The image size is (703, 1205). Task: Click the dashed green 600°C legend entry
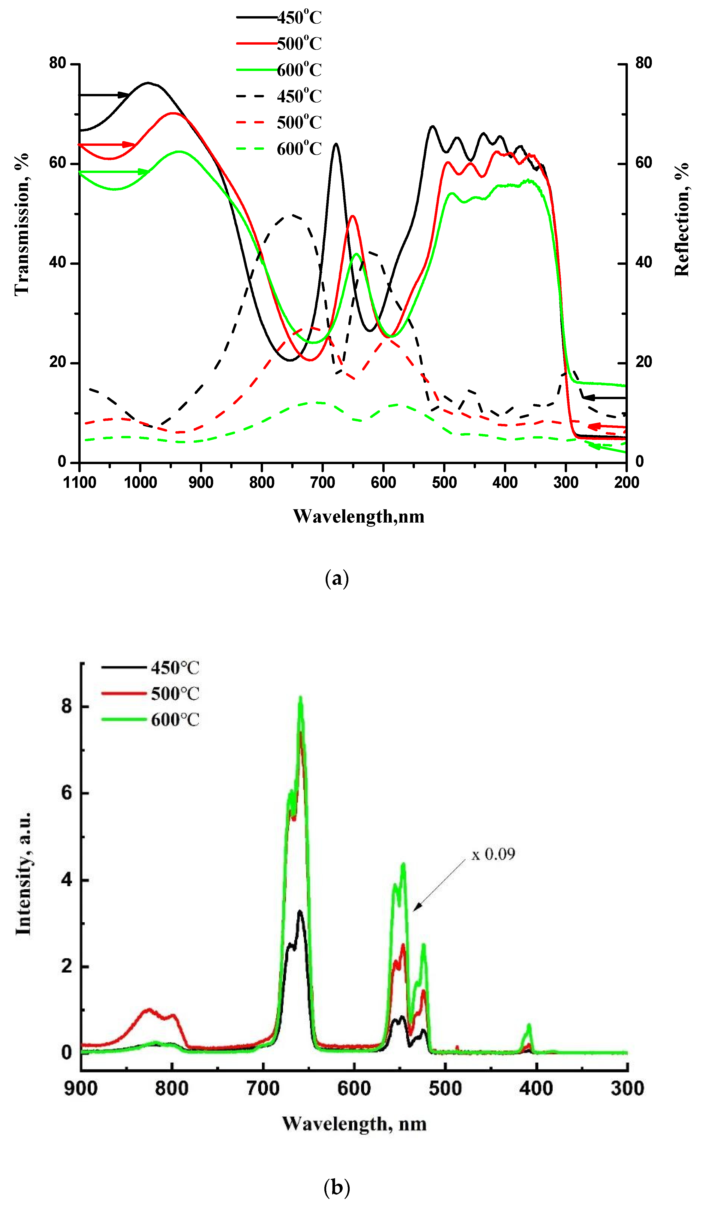tap(299, 149)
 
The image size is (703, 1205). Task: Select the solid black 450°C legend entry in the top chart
tap(299, 18)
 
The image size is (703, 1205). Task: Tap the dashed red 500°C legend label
tap(299, 122)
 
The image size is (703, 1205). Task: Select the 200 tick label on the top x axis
tap(626, 482)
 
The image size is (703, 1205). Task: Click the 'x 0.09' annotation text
tap(493, 854)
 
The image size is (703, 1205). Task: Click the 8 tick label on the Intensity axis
tap(67, 706)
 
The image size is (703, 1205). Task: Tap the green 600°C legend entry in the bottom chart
tap(175, 720)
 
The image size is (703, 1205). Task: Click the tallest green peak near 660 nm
tap(300, 699)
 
